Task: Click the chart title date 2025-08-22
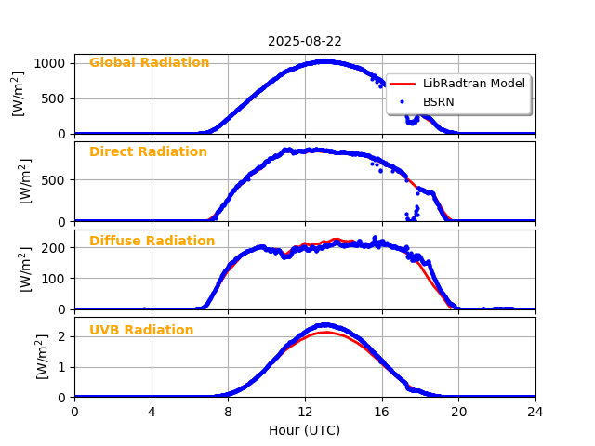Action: coord(305,42)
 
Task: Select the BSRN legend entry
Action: coord(439,101)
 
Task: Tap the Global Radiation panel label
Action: coord(149,63)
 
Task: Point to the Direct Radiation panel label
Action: coord(148,152)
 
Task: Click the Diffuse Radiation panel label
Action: coord(152,242)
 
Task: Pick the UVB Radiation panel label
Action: coord(141,331)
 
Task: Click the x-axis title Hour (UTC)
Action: coord(305,431)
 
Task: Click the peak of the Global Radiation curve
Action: coord(324,62)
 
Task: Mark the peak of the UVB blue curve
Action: coord(324,325)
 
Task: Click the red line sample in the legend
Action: coord(403,84)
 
